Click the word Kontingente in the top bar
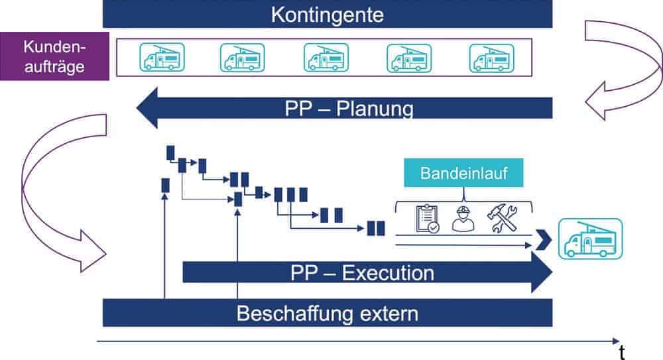pos(328,15)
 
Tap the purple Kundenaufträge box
pos(55,57)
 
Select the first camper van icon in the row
pos(162,58)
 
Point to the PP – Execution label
pos(362,272)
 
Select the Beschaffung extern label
pos(328,312)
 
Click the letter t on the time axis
pos(621,349)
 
